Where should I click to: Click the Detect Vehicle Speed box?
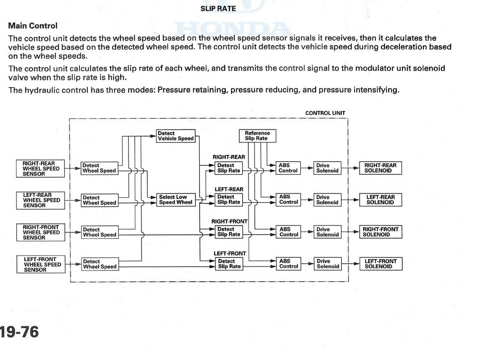pos(176,136)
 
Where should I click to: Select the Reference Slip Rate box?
pos(258,136)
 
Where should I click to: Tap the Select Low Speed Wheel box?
pos(176,200)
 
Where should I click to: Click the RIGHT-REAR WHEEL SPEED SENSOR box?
pos(40,168)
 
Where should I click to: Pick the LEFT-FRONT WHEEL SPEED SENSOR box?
pos(41,264)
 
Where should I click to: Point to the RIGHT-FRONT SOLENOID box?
pos(381,232)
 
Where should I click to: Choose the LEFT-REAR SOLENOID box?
pos(381,200)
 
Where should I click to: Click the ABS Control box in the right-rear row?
pos(288,168)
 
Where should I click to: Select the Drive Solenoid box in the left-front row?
pos(328,264)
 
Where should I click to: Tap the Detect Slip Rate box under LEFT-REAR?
pos(228,200)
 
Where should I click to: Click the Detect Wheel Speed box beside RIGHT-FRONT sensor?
pos(100,232)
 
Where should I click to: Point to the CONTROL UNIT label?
pos(325,113)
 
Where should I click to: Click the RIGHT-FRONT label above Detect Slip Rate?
pos(230,221)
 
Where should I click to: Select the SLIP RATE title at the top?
pos(218,9)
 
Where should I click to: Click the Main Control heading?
pos(33,26)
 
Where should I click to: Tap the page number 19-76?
pos(19,332)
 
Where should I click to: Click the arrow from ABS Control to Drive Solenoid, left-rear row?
pos(307,200)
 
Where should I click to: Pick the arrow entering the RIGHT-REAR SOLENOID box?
pos(351,168)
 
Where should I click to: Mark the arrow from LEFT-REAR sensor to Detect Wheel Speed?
pos(73,200)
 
